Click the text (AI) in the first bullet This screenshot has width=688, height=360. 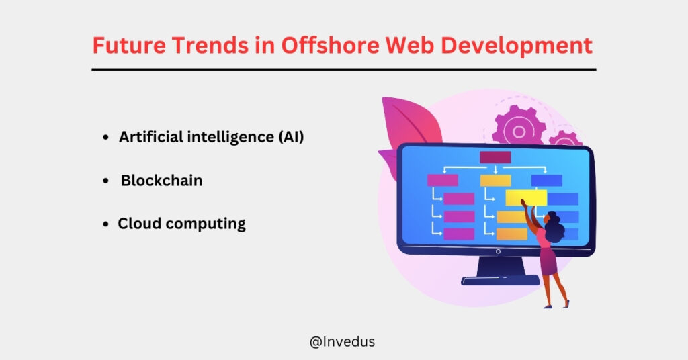pos(290,137)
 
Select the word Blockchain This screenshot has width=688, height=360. pos(161,181)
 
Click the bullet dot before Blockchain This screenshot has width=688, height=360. pos(107,181)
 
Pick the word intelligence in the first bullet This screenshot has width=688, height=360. pos(216,137)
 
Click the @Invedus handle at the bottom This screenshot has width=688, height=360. pos(342,341)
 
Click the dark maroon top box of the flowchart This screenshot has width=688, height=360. pos(495,157)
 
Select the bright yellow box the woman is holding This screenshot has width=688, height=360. pos(525,197)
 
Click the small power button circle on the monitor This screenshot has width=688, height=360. pos(498,251)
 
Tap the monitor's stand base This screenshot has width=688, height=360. pos(501,279)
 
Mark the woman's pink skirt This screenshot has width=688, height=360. pos(548,262)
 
